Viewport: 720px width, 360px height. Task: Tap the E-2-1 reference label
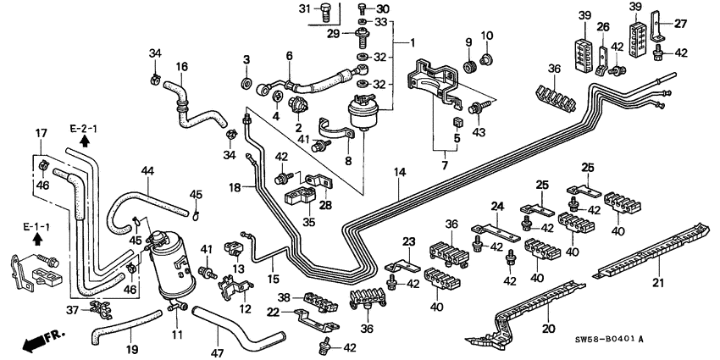(83, 129)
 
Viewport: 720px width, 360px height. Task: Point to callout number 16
(181, 67)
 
